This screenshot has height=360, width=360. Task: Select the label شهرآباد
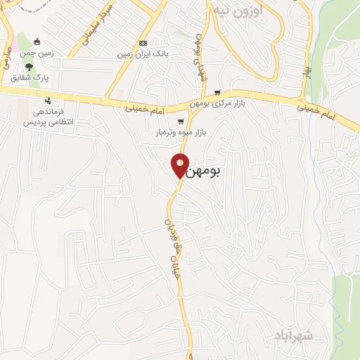pos(294,335)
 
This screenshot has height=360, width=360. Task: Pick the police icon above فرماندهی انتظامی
pos(48,100)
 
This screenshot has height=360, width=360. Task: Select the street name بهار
pos(307,70)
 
